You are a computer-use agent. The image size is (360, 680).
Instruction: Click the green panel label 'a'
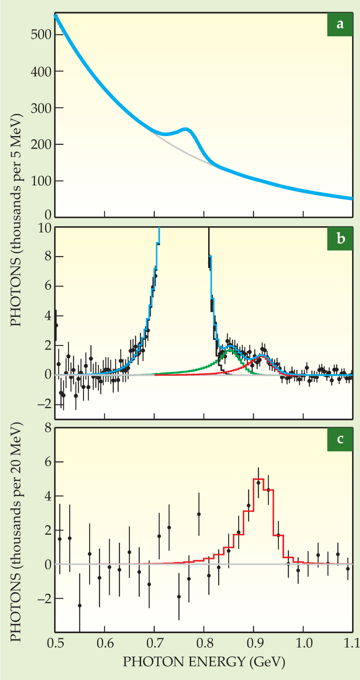point(340,24)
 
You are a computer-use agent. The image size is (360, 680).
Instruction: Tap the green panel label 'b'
point(340,238)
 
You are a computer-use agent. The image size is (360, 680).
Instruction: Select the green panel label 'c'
point(340,439)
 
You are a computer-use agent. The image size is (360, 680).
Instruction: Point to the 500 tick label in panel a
point(41,34)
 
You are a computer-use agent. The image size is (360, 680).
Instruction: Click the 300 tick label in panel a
point(41,108)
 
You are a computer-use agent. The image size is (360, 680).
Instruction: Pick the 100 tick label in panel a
point(41,181)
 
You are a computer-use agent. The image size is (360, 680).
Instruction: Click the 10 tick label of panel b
point(44,228)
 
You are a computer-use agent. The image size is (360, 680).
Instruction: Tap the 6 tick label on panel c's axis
point(47,462)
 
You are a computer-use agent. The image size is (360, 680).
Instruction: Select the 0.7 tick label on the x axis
point(154,642)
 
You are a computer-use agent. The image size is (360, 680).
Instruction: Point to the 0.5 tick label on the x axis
point(55,642)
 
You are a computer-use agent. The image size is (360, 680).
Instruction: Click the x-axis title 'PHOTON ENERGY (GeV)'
point(204,662)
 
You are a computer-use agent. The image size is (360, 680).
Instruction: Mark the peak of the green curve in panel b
point(230,350)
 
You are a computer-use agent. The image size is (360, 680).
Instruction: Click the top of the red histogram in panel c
point(258,479)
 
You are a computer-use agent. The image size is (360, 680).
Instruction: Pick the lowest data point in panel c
point(80,605)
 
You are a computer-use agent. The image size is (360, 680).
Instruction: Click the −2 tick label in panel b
point(42,404)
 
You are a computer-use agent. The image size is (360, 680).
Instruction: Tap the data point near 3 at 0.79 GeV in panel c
point(199,514)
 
